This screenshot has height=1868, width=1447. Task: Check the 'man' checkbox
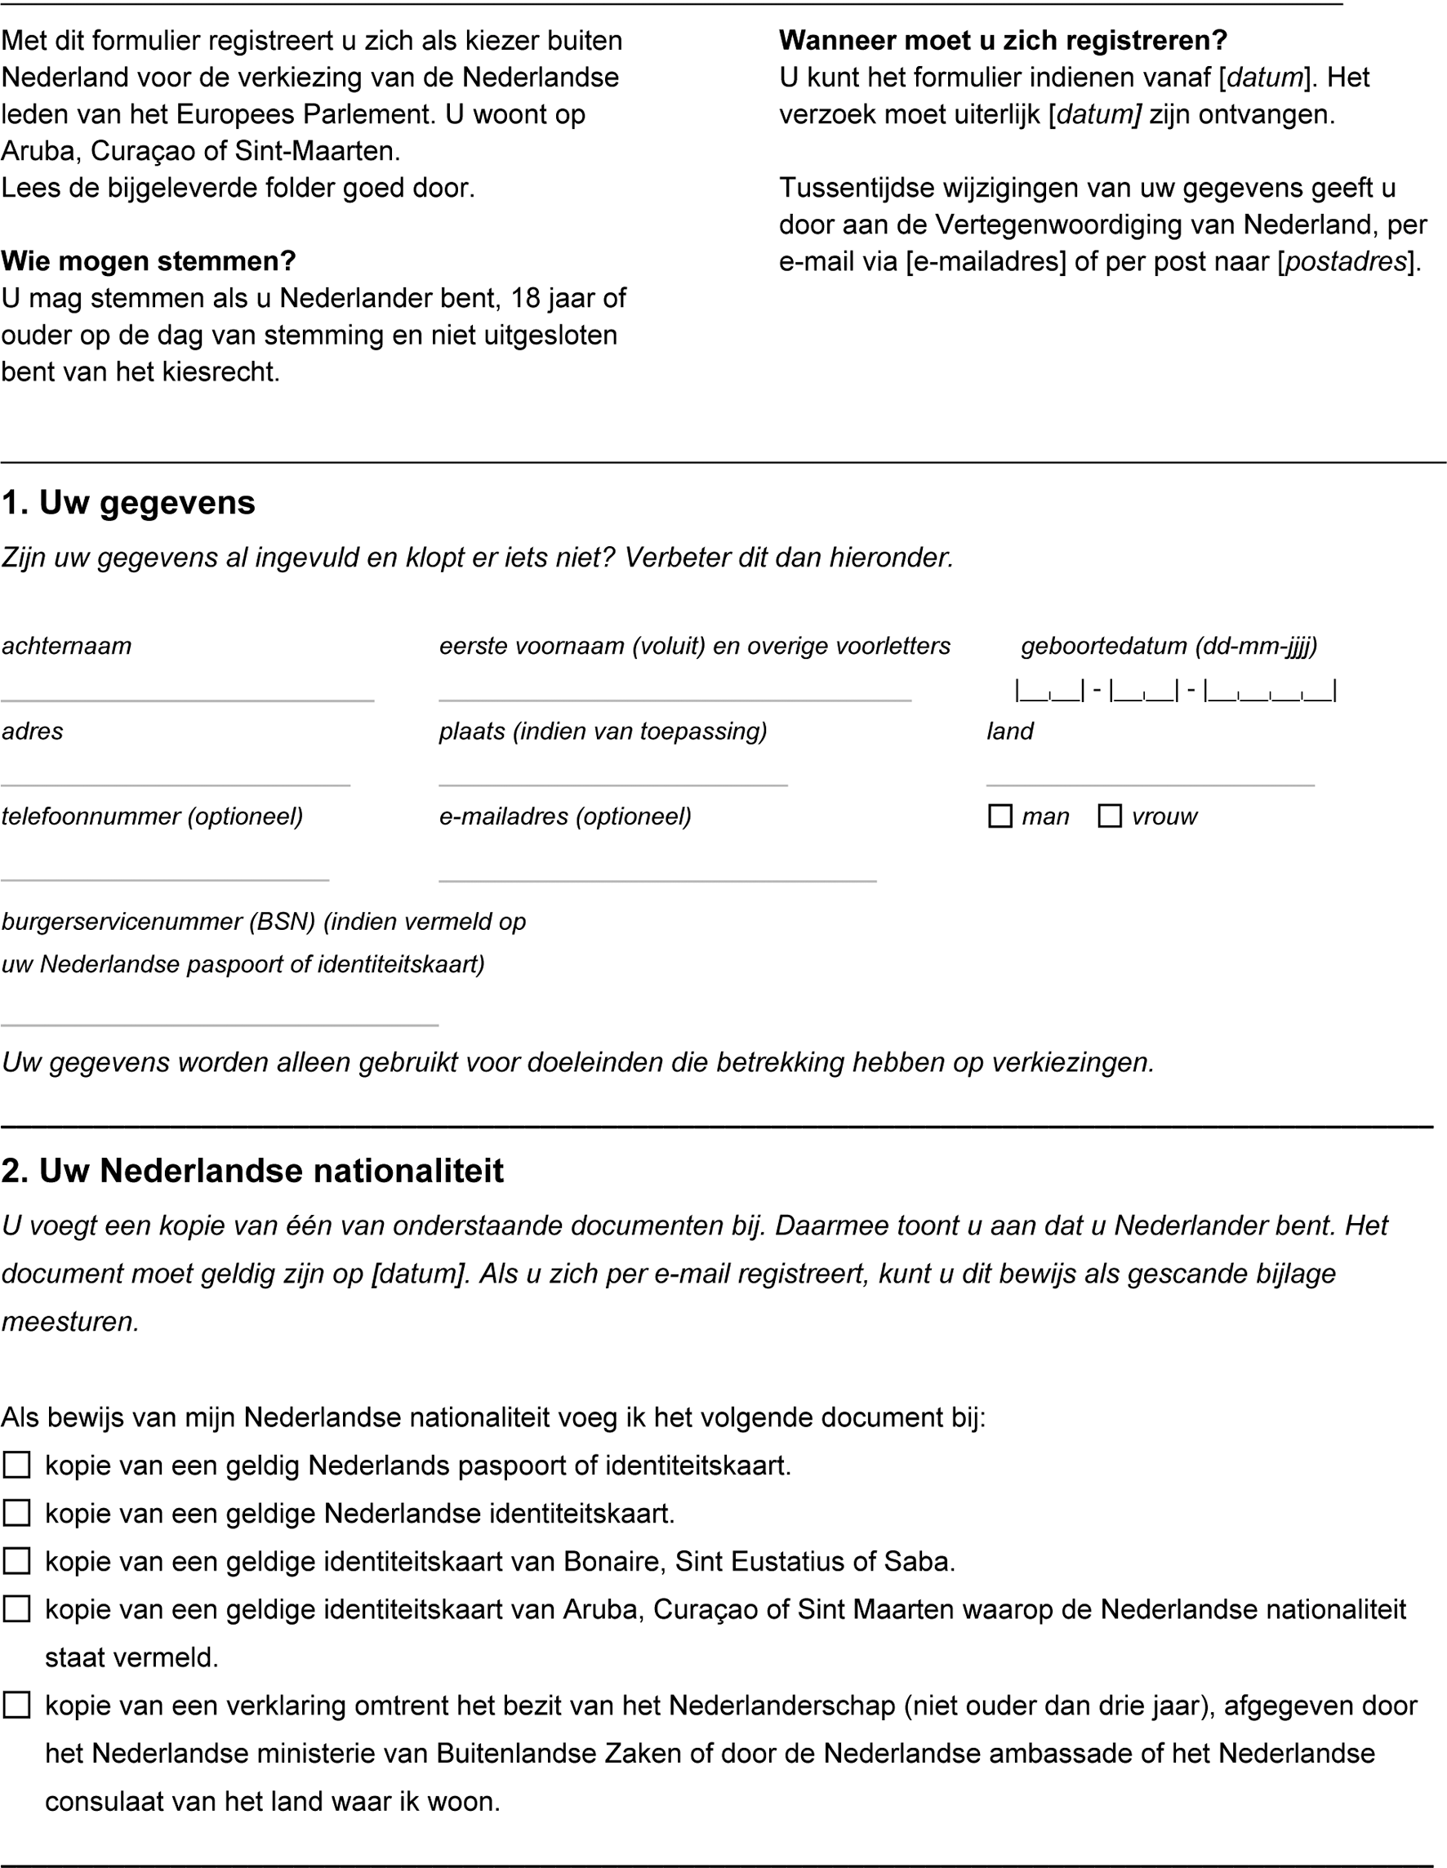pos(1000,816)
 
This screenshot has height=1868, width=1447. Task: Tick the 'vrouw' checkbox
pos(1109,816)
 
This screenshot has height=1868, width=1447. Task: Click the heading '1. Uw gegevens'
pos(128,503)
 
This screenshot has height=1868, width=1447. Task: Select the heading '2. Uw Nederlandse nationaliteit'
pos(252,1170)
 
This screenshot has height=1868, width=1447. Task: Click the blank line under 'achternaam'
pos(187,696)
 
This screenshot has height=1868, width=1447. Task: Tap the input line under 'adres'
pos(176,779)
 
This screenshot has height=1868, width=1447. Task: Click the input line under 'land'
pos(1149,779)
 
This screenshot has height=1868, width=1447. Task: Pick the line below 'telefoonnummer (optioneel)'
pos(165,874)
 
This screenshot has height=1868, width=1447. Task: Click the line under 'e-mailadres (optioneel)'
pos(657,874)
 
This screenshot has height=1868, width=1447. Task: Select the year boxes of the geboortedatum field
pos(1271,691)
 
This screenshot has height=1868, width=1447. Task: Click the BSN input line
pos(219,1019)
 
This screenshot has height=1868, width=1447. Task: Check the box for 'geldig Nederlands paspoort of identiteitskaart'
pos(17,1466)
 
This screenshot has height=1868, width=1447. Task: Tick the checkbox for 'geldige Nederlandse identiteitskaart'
pos(17,1514)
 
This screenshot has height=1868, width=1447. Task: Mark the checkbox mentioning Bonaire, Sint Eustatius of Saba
pos(17,1562)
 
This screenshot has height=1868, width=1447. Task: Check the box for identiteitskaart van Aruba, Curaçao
pos(17,1610)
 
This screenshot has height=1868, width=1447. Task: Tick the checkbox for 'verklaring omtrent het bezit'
pos(17,1706)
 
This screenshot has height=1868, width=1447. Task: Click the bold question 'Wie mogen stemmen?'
pos(148,261)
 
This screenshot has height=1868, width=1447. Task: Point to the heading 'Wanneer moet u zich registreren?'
pos(1003,40)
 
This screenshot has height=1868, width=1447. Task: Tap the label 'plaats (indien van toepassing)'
pos(603,732)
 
